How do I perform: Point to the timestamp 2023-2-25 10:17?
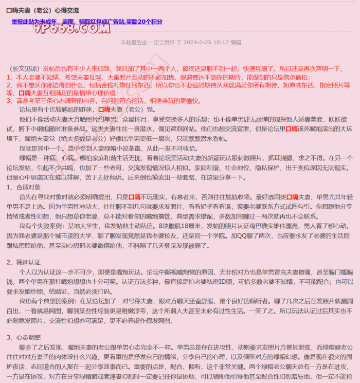(x=206, y=42)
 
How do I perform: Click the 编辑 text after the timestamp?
(x=236, y=42)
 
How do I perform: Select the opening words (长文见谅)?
(x=25, y=68)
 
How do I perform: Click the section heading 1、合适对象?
(x=24, y=187)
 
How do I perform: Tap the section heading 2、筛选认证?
(x=24, y=262)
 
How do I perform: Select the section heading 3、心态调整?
(x=24, y=337)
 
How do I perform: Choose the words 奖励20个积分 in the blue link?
(x=143, y=21)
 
